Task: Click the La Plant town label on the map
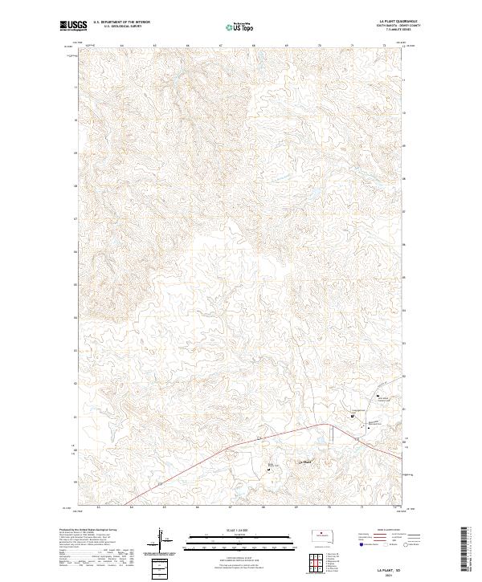pos(304,462)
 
